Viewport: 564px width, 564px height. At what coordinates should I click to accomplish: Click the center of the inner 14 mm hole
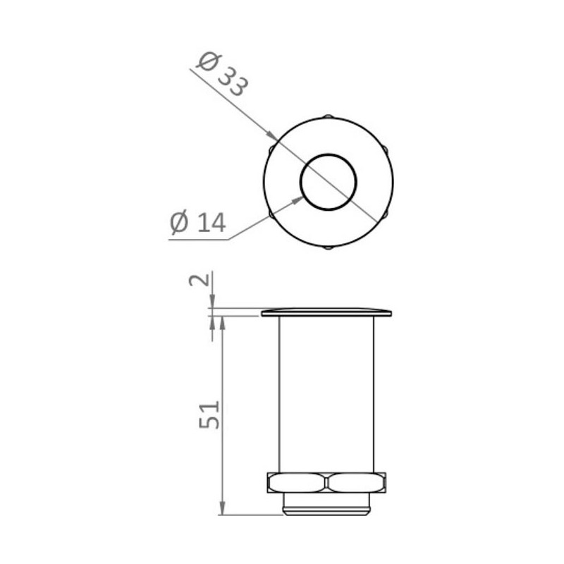[x=329, y=182]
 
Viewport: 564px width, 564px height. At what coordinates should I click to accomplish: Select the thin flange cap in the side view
[x=326, y=312]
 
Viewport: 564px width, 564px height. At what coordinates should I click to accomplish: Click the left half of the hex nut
[x=297, y=483]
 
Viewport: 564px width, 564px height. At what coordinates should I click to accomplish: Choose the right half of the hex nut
[x=357, y=483]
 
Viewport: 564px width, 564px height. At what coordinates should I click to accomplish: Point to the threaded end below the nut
[x=327, y=504]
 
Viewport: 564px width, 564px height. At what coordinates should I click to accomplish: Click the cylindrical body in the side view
[x=327, y=395]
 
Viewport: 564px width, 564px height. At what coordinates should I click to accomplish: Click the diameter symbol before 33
[x=207, y=62]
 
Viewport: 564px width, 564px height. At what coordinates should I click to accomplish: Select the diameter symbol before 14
[x=179, y=223]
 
